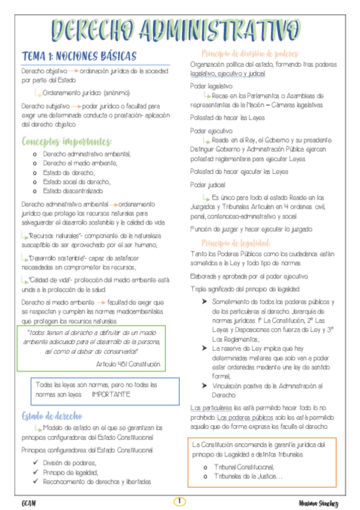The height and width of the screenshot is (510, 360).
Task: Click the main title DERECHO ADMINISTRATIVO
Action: click(x=175, y=28)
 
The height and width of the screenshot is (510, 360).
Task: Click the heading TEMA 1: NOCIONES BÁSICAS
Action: click(x=79, y=56)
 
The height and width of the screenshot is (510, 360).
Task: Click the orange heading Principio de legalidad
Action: click(x=236, y=243)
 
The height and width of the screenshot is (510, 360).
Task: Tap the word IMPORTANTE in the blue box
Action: click(x=111, y=395)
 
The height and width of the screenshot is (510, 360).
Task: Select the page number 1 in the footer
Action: click(x=180, y=501)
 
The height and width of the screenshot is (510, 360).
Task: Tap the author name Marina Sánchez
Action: click(x=319, y=502)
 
